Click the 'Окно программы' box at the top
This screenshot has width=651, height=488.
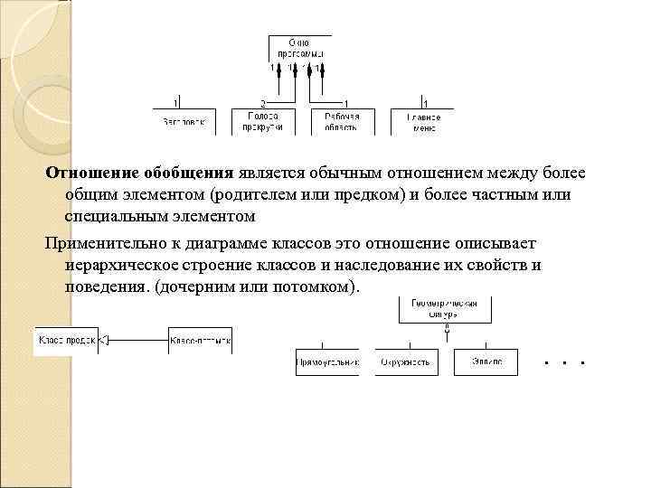coord(299,47)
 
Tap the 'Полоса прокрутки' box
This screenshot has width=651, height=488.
coord(262,122)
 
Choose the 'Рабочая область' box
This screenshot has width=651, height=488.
coord(342,122)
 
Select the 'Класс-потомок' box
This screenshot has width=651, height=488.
coord(200,340)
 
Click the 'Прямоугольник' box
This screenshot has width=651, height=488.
coord(327,361)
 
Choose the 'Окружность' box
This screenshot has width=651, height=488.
coord(406,361)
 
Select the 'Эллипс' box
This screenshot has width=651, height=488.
coord(486,361)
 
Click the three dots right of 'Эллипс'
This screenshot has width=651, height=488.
coord(566,362)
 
